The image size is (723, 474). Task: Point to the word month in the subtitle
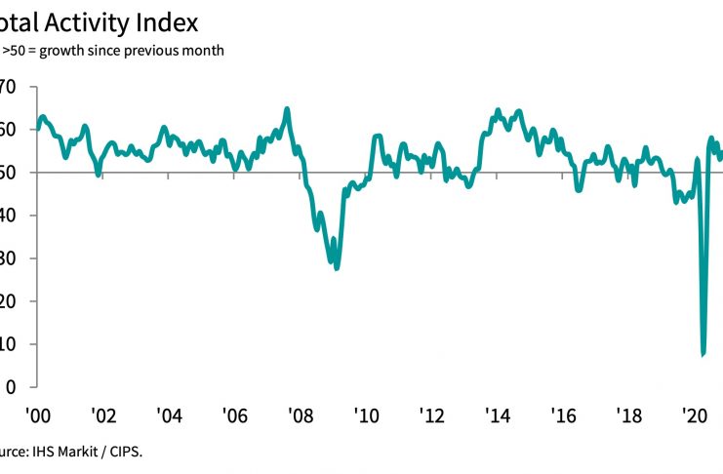click(x=203, y=51)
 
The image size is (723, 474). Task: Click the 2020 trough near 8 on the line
click(x=703, y=353)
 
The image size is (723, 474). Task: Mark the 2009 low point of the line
click(x=337, y=267)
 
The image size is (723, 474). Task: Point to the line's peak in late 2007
click(x=287, y=108)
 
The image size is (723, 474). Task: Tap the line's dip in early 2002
click(x=98, y=175)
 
